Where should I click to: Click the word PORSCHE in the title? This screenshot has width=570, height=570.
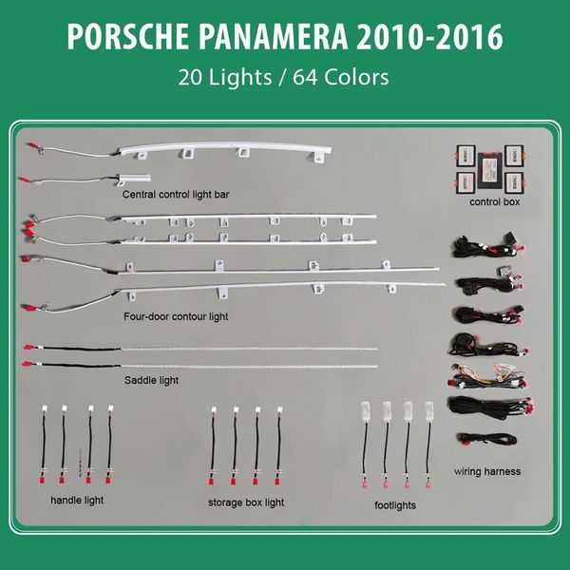click(x=128, y=37)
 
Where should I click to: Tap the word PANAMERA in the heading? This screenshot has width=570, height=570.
click(x=274, y=37)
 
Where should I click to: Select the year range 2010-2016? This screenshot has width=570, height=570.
click(x=430, y=37)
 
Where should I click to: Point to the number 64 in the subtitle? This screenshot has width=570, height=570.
click(x=305, y=77)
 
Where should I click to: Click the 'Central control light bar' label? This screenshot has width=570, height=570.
click(x=176, y=195)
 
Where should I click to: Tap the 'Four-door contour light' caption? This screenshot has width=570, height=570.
click(x=176, y=316)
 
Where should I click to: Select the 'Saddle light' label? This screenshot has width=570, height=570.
click(x=151, y=381)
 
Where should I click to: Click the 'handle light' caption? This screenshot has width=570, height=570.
click(x=77, y=501)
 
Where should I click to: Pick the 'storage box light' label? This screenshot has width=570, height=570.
click(x=246, y=503)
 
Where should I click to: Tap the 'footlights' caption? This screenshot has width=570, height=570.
click(x=395, y=505)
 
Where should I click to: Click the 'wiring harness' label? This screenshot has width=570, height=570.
click(x=487, y=471)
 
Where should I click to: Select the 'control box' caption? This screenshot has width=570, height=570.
click(x=495, y=201)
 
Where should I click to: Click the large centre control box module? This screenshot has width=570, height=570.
click(x=490, y=170)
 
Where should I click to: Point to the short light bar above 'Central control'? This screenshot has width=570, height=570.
click(x=133, y=178)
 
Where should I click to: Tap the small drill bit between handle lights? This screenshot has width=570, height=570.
click(x=80, y=463)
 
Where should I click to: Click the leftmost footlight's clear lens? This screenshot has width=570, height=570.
click(x=365, y=410)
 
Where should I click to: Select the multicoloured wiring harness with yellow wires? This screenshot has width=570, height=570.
click(x=487, y=376)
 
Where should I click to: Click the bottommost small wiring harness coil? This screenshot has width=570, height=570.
click(x=487, y=439)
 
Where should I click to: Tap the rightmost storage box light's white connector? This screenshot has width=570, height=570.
click(x=280, y=409)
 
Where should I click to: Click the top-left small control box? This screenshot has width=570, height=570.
click(x=466, y=156)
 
